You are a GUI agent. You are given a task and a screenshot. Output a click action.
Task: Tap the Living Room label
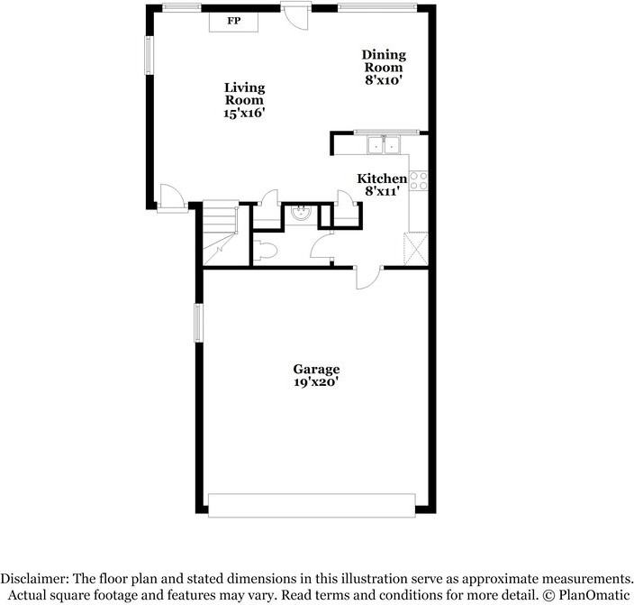(245, 94)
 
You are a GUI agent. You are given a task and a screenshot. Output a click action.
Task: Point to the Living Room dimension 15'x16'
(245, 114)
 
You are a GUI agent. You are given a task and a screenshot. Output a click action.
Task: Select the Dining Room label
(384, 60)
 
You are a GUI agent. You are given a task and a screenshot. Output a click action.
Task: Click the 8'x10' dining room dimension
(384, 79)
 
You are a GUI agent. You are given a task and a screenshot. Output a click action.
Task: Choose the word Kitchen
(382, 179)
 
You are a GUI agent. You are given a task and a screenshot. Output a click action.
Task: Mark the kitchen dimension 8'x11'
(382, 191)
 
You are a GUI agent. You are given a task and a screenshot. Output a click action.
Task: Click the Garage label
(316, 369)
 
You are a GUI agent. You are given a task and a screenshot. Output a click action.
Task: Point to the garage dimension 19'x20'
(316, 381)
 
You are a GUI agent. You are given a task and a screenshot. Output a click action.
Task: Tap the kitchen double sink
(384, 145)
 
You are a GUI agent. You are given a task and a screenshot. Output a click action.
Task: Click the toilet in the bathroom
(263, 252)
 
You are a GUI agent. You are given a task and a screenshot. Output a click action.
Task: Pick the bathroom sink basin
(299, 214)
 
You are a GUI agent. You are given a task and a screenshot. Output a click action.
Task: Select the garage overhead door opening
(312, 505)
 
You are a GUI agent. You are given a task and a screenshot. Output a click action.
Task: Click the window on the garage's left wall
(199, 323)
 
